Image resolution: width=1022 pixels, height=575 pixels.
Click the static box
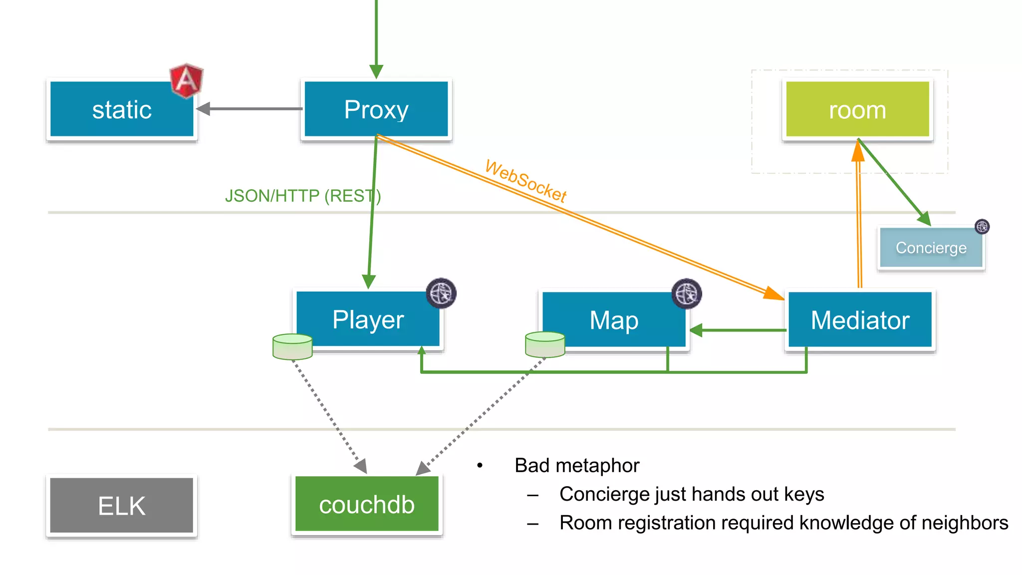121,109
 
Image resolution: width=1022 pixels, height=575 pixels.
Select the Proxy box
376,109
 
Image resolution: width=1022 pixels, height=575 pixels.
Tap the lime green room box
857,109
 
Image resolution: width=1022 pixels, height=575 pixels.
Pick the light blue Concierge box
930,248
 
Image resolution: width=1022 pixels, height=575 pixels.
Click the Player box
368,319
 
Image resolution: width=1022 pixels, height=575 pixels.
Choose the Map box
613,320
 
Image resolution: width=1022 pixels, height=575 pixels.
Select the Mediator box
859,320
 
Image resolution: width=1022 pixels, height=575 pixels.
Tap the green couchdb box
367,505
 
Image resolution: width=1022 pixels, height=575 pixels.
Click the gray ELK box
121,506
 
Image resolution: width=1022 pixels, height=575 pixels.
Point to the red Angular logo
187,80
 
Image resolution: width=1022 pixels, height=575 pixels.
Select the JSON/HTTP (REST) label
302,196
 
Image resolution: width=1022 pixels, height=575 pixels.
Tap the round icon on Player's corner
441,293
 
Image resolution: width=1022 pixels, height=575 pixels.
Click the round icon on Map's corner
686,293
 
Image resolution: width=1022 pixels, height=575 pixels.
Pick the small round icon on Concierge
982,227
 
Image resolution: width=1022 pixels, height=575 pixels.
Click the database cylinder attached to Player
292,346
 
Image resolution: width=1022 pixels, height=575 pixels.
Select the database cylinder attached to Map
545,344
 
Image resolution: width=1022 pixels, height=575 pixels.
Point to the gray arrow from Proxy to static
250,108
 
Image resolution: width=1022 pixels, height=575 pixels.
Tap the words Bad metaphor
576,465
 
